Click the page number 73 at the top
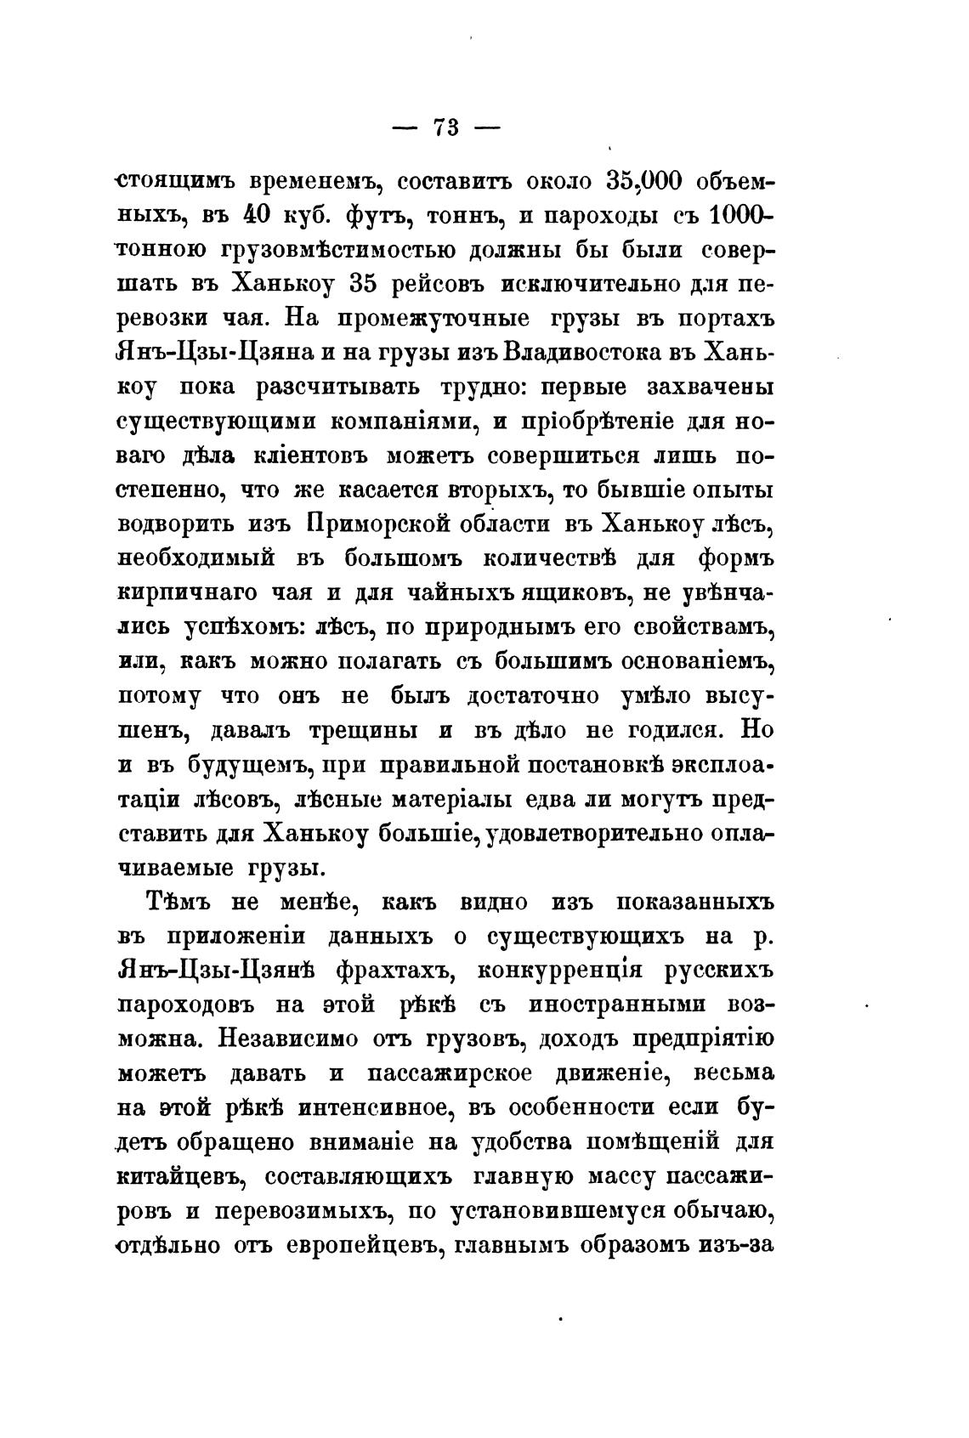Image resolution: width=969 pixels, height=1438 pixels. tap(445, 127)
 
